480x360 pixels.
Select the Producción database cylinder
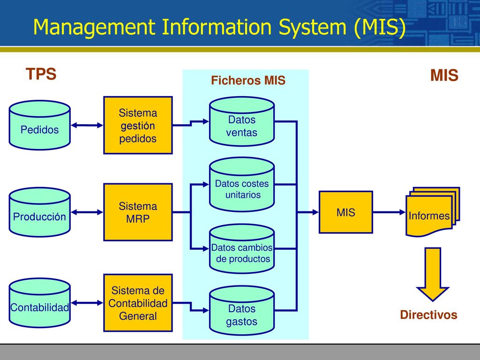coord(40,212)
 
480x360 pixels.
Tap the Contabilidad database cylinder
coord(40,303)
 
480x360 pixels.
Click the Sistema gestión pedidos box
coord(138,125)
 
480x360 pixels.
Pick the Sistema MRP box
coord(138,212)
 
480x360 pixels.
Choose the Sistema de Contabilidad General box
coord(138,303)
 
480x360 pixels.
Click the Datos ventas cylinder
coord(242,121)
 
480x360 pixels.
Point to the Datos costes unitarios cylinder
coord(242,185)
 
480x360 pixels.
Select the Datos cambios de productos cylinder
coord(242,249)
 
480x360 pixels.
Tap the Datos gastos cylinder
coord(242,310)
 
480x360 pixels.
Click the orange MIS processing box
coord(346,212)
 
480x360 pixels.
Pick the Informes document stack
coord(433,212)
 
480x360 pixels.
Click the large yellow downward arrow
coord(433,274)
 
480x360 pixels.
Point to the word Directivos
coord(428,315)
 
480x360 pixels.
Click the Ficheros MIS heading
coord(248,80)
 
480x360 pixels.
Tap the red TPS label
coord(41,74)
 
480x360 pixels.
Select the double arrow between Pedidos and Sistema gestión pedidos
coord(87,125)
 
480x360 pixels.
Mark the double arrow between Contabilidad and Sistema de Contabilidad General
coord(87,303)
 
